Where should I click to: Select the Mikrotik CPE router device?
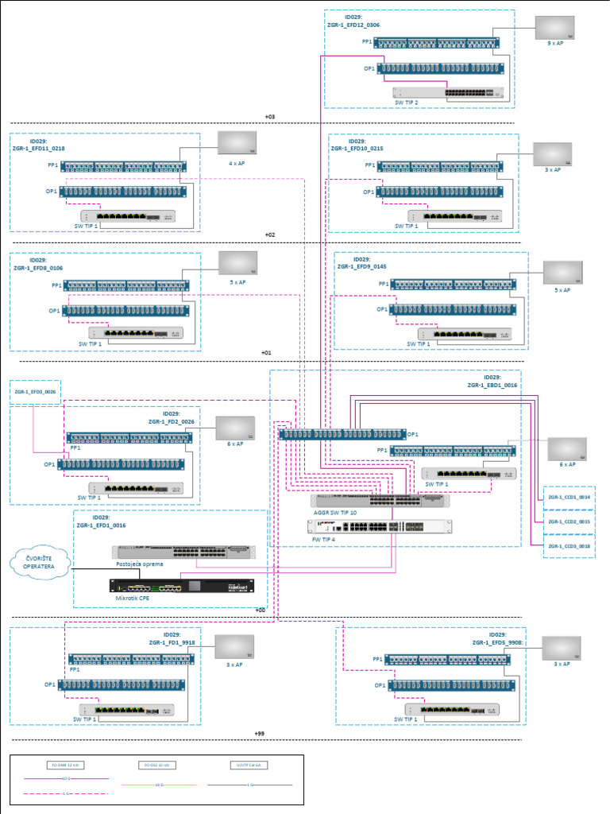(x=183, y=587)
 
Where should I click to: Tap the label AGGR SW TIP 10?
(x=336, y=513)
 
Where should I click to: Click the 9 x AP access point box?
(x=554, y=28)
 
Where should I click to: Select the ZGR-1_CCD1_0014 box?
(x=569, y=497)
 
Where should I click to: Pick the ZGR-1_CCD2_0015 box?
(x=569, y=521)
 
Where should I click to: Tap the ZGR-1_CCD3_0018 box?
(x=569, y=547)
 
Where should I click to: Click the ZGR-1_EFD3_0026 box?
(x=35, y=391)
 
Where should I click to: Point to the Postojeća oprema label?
(x=139, y=564)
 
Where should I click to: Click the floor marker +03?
(x=270, y=117)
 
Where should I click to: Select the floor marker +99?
(x=259, y=733)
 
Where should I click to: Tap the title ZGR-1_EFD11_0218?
(x=38, y=149)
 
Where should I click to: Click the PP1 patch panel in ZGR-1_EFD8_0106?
(x=126, y=285)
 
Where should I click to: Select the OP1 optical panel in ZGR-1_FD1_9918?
(x=126, y=684)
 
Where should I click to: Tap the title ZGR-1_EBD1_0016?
(x=492, y=385)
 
